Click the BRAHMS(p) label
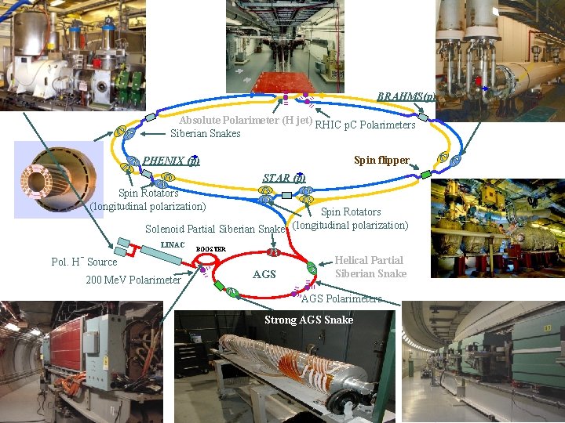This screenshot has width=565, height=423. pyautogui.click(x=406, y=96)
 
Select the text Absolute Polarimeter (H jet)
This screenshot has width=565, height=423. pyautogui.click(x=246, y=121)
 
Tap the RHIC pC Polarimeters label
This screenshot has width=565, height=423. pyautogui.click(x=365, y=125)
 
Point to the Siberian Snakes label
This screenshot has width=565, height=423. pyautogui.click(x=206, y=134)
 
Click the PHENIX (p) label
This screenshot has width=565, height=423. pyautogui.click(x=171, y=161)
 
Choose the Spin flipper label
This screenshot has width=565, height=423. pyautogui.click(x=381, y=161)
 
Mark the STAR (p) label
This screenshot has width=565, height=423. pyautogui.click(x=282, y=178)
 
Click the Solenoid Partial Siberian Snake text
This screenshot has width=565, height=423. pyautogui.click(x=215, y=229)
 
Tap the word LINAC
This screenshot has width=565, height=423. pyautogui.click(x=173, y=245)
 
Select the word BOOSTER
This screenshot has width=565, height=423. pyautogui.click(x=210, y=249)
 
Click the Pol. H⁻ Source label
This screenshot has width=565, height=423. pyautogui.click(x=84, y=262)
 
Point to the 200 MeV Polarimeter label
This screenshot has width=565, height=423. pyautogui.click(x=133, y=280)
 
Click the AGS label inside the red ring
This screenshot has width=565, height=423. pyautogui.click(x=264, y=274)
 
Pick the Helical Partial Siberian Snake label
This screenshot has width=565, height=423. pyautogui.click(x=370, y=267)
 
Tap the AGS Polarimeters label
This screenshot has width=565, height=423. pyautogui.click(x=341, y=298)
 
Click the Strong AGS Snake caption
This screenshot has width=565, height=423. pyautogui.click(x=308, y=320)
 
